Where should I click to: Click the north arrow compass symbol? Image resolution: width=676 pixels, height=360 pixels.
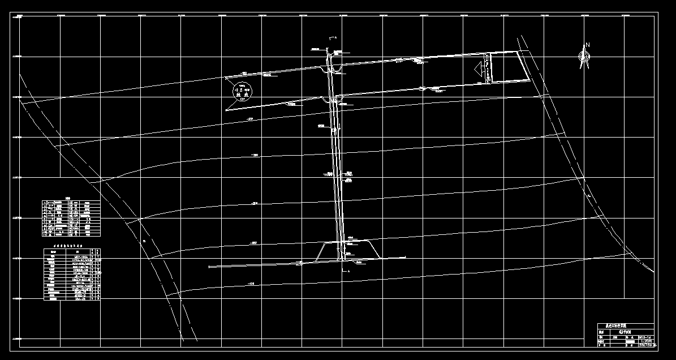[584, 56]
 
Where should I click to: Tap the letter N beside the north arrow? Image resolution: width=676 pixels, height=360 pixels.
[588, 45]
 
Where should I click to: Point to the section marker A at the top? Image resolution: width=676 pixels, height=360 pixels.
[335, 37]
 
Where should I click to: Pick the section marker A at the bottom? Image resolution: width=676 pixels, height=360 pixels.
[348, 272]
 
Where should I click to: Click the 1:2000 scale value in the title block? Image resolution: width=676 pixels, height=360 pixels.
[645, 340]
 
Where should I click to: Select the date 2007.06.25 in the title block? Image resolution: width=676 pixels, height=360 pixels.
[645, 345]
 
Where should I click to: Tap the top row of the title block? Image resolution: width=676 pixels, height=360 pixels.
[626, 327]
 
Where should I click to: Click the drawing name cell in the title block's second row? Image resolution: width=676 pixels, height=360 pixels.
[626, 332]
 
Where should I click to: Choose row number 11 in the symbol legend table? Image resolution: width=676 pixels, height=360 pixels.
[46, 234]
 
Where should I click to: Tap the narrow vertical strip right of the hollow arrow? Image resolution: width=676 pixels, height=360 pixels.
[490, 67]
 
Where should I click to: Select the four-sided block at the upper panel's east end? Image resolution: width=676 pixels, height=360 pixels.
[510, 67]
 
